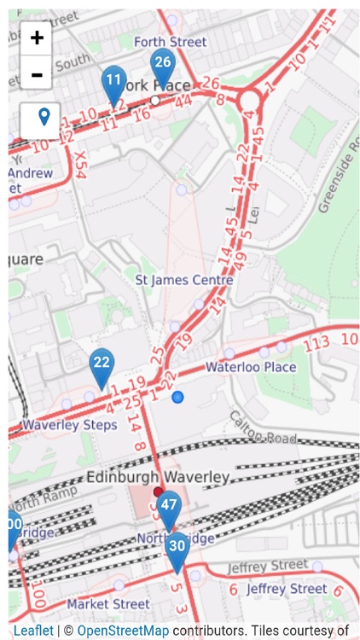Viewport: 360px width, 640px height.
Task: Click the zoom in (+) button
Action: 37,38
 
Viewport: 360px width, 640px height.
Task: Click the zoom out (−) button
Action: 37,73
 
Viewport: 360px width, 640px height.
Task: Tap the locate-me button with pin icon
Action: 41,120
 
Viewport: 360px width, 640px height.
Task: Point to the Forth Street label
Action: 170,42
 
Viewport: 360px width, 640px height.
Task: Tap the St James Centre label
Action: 184,280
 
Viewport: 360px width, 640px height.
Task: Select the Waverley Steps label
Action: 70,424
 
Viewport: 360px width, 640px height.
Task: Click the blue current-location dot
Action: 177,397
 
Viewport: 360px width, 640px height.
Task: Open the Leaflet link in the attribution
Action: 33,631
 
